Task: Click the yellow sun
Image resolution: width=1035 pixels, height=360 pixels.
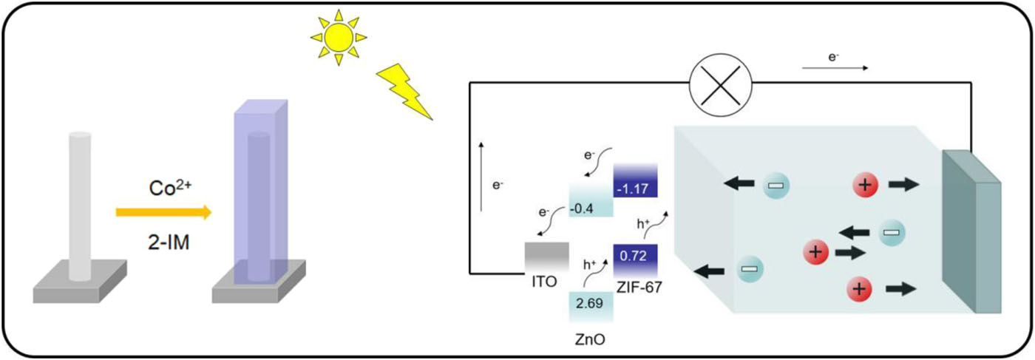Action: click(339, 38)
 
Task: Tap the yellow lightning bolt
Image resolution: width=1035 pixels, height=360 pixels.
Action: click(404, 92)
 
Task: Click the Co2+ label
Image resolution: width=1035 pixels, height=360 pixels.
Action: click(170, 188)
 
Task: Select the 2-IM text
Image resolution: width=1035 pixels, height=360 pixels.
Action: click(169, 242)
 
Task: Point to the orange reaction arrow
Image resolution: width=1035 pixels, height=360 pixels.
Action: click(163, 213)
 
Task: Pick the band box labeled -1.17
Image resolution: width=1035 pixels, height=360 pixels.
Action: click(635, 180)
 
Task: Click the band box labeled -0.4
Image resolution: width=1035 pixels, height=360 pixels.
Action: click(591, 199)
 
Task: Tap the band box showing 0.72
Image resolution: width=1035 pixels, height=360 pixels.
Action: click(635, 261)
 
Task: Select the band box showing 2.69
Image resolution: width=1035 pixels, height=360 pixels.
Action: click(591, 307)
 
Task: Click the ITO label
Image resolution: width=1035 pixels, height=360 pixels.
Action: click(544, 282)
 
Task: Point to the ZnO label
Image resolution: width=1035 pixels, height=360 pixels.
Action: click(590, 339)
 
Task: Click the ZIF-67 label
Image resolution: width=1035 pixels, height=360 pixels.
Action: click(639, 288)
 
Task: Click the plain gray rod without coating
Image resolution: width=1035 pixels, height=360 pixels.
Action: click(80, 206)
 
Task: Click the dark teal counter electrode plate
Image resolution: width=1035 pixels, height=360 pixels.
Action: click(971, 231)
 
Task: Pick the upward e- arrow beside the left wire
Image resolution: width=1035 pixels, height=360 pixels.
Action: click(481, 177)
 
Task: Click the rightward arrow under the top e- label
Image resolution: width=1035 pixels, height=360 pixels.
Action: click(835, 68)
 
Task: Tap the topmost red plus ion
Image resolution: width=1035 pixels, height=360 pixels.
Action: click(865, 186)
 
